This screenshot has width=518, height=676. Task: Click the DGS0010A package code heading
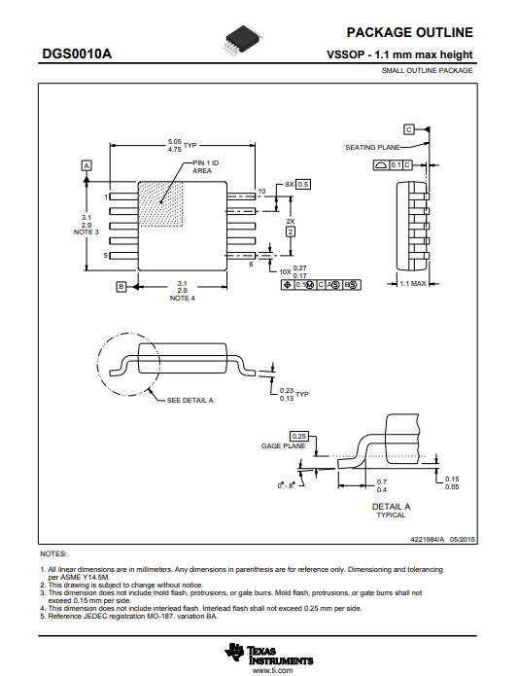(x=77, y=53)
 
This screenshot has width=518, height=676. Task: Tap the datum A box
(x=86, y=165)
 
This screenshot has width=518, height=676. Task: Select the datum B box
(x=121, y=286)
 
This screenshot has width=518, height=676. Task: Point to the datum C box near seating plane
(x=408, y=129)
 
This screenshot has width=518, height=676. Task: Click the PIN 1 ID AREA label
(x=205, y=167)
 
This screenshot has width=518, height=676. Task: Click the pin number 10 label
(x=261, y=191)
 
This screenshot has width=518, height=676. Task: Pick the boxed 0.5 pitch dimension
(x=303, y=184)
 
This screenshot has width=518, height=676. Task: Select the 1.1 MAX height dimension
(x=412, y=284)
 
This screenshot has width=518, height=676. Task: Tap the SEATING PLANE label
(x=372, y=148)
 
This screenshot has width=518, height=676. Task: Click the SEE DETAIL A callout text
(x=190, y=401)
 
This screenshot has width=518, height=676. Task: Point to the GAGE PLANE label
(x=284, y=445)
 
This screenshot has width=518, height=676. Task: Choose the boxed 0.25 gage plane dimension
(x=298, y=437)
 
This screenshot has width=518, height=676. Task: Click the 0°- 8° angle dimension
(x=285, y=485)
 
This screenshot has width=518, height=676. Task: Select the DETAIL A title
(x=391, y=507)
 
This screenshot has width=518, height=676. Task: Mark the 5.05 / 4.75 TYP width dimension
(x=182, y=145)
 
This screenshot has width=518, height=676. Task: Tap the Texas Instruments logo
(x=268, y=654)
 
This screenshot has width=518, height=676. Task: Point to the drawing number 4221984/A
(x=427, y=539)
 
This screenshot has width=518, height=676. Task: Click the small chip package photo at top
(x=242, y=41)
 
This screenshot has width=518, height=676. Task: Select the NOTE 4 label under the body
(x=182, y=299)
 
